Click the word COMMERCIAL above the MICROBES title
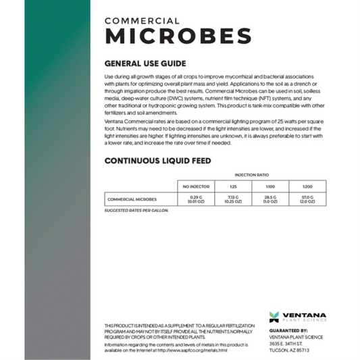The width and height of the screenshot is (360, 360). click(142, 21)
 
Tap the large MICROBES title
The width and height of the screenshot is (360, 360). click(178, 36)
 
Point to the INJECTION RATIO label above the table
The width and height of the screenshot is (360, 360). click(251, 174)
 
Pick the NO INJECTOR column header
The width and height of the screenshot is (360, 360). click(195, 186)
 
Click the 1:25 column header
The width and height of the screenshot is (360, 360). click(233, 186)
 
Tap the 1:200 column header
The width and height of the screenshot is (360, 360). click(307, 186)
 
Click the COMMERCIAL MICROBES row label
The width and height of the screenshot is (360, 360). click(132, 199)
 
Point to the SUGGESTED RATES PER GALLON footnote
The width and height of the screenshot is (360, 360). click(136, 211)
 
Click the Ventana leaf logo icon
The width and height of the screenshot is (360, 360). click(274, 316)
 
